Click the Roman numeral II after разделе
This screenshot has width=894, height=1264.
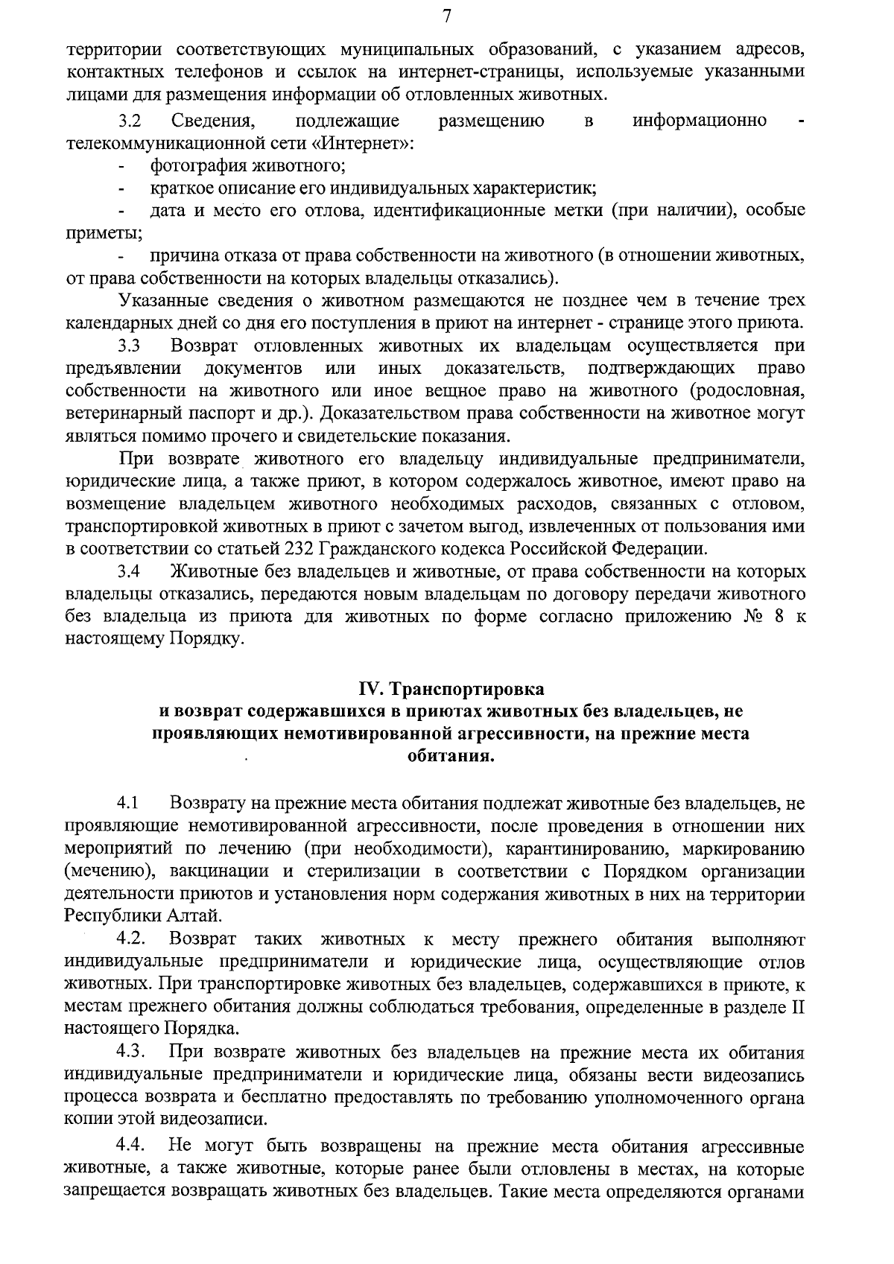coord(796,1006)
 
